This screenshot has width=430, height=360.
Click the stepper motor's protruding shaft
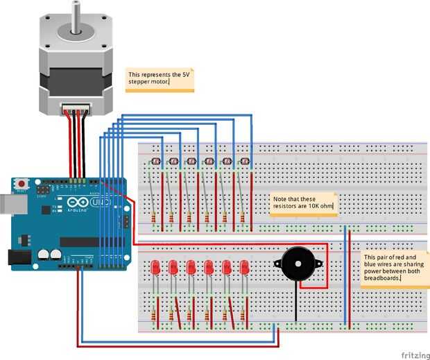(75, 16)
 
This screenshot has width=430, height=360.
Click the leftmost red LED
(155, 268)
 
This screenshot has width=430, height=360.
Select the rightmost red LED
(244, 268)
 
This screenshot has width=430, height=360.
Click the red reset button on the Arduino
(21, 184)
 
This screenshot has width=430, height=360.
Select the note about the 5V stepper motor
(159, 80)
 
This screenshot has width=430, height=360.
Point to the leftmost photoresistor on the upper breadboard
(155, 162)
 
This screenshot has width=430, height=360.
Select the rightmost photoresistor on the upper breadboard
(244, 162)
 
